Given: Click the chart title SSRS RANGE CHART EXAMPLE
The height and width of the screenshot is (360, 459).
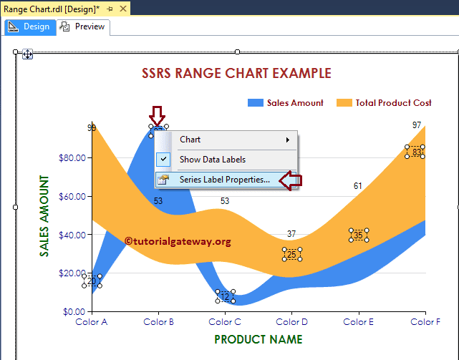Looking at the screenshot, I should point(236,73).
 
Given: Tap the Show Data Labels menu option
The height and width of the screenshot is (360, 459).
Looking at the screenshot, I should point(212,160).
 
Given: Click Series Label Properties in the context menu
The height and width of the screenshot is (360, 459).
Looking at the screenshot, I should point(224,180).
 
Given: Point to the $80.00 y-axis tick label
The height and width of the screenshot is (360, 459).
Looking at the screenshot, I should point(71,157).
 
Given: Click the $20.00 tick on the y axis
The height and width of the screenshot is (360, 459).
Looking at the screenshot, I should point(71,273).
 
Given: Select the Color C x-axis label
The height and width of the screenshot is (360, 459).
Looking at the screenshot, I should point(226,322).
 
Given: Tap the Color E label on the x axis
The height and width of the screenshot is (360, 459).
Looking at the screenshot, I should point(359,322).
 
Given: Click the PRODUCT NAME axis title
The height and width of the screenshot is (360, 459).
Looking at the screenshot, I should point(258,339).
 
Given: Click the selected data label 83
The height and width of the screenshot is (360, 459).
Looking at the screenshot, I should point(415,152).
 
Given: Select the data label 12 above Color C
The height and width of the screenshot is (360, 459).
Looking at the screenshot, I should point(225,296).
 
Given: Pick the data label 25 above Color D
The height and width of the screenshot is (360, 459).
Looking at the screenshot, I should point(291,254).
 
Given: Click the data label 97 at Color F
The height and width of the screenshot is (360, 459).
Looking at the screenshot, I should point(417,125).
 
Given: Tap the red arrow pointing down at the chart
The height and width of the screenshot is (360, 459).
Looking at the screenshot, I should point(157,115).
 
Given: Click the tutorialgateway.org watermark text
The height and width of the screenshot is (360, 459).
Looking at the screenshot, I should point(178,242).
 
